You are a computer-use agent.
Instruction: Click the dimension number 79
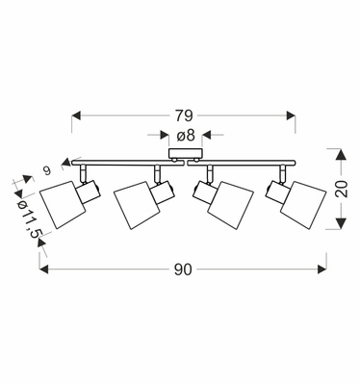click(184, 115)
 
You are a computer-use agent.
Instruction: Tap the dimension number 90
click(183, 269)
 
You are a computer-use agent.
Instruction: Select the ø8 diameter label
click(186, 136)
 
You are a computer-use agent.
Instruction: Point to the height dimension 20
click(343, 189)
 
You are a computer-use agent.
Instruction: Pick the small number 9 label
click(47, 171)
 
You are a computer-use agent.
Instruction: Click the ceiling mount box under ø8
click(186, 153)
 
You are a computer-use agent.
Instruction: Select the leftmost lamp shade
click(63, 205)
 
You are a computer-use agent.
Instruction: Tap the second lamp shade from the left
click(137, 206)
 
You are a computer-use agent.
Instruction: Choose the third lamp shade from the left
click(231, 206)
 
